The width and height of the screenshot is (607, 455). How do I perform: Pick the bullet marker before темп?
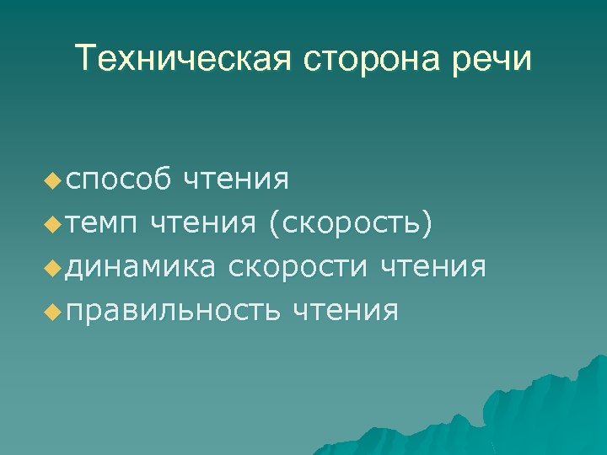(56, 223)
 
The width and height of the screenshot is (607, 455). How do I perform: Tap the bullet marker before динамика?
(56, 267)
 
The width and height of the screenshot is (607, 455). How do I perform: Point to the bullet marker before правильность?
(56, 311)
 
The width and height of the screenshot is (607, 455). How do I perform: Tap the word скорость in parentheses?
(350, 223)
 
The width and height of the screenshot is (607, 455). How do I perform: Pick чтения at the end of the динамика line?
(432, 267)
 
